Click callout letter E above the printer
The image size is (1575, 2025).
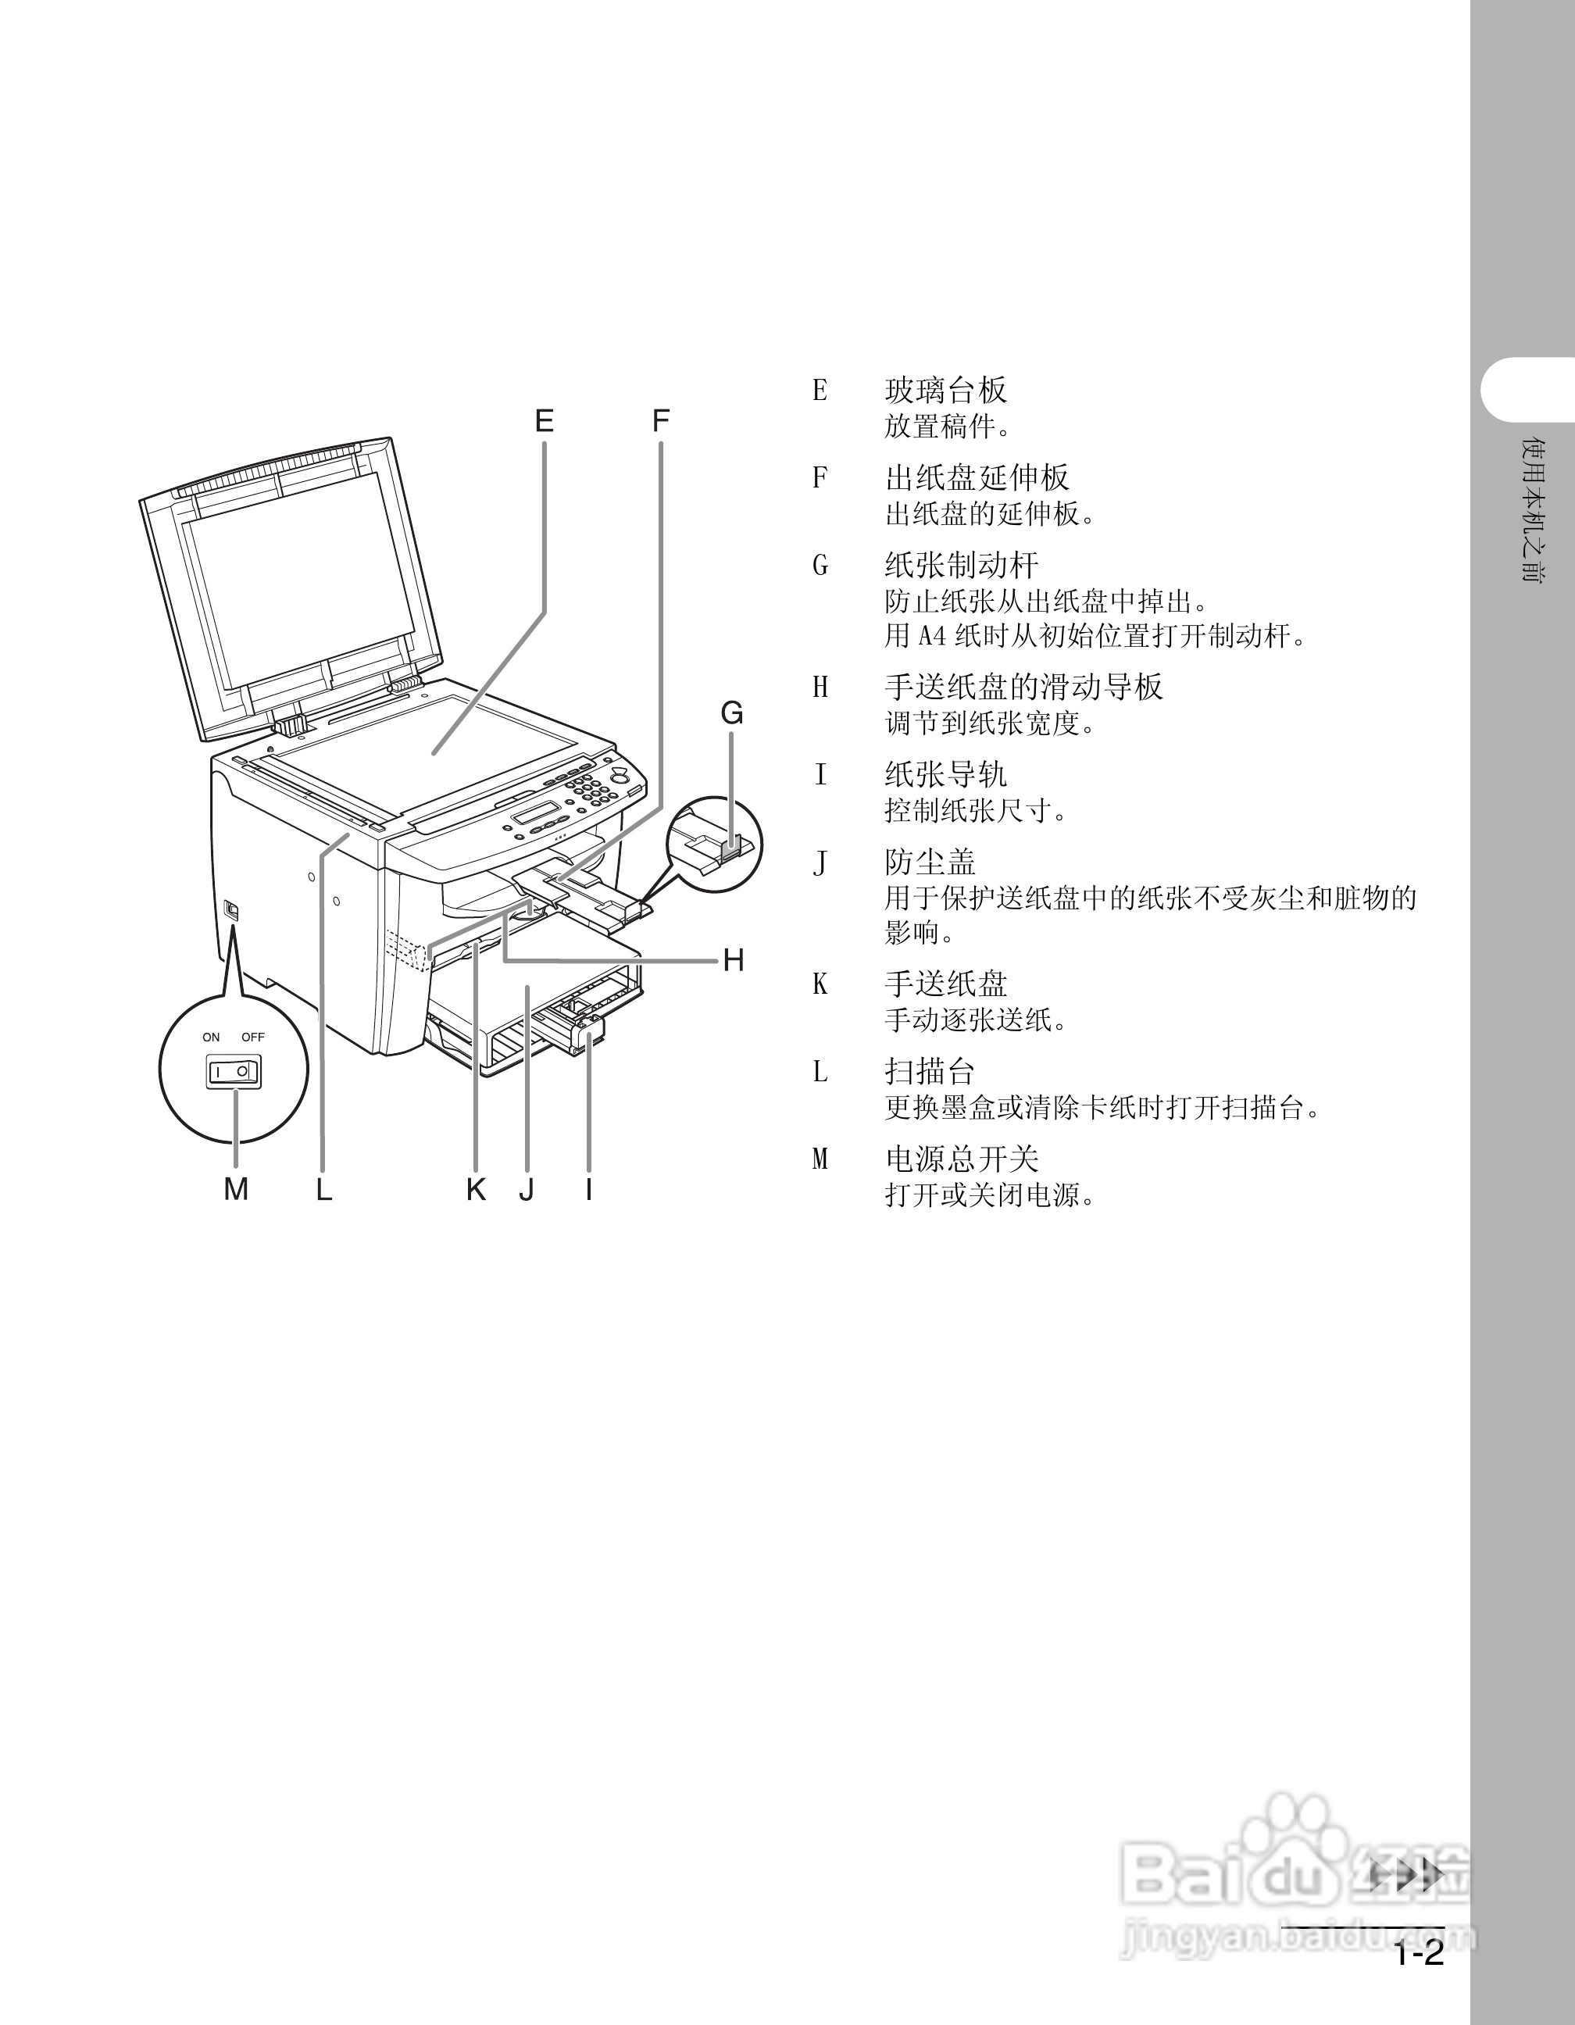tap(545, 422)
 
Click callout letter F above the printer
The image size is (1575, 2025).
tap(660, 422)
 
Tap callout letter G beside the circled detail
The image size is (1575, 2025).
tap(732, 713)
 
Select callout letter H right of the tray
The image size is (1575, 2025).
tap(734, 961)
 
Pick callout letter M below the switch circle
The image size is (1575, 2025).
tap(237, 1188)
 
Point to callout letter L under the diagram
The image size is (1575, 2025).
tap(323, 1188)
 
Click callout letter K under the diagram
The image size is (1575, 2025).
tap(476, 1188)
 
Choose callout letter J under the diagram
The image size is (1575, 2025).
tap(527, 1188)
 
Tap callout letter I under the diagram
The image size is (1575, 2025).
tap(588, 1188)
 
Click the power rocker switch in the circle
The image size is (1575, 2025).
tap(233, 1072)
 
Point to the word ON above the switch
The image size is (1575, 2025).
tap(212, 1037)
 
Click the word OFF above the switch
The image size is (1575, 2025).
tap(253, 1037)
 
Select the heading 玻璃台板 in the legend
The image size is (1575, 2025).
tap(945, 391)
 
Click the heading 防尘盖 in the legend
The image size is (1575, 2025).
tap(930, 862)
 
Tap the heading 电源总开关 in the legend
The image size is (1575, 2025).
tap(961, 1159)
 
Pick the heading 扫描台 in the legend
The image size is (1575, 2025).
tap(930, 1072)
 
